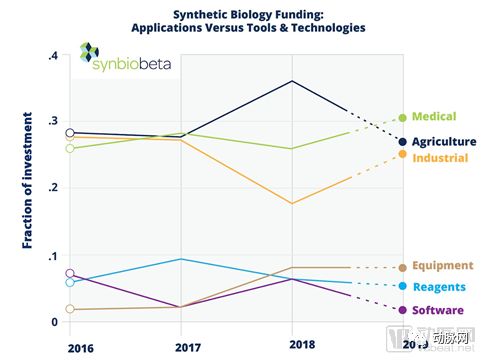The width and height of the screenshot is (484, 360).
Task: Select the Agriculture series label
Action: (444, 142)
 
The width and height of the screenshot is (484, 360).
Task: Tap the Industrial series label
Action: (440, 158)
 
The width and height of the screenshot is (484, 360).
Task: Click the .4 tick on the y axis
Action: (52, 56)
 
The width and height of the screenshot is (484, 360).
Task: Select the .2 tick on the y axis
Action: (52, 188)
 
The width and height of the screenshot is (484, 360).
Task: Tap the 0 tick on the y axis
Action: (53, 322)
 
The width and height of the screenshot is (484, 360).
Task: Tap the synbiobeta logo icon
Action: (89, 55)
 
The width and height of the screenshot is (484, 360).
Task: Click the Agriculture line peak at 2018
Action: (292, 80)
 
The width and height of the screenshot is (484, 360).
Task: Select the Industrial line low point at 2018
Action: (292, 203)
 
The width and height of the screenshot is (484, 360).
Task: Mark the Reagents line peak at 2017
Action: (181, 259)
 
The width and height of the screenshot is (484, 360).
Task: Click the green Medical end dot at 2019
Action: (403, 118)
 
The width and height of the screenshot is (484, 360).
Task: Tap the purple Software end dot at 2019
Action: (403, 310)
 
